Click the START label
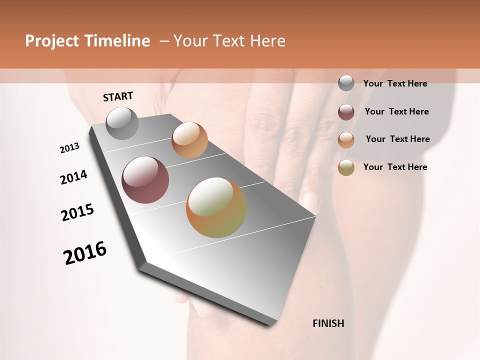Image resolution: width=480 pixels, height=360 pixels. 118,96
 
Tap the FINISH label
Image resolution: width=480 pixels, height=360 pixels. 328,323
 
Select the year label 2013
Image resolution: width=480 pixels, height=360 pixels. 69,148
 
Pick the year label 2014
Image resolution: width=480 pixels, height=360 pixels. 73,177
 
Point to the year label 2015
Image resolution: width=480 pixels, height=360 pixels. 77,212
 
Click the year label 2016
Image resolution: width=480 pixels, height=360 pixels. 85,253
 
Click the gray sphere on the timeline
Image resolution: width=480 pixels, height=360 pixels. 122,123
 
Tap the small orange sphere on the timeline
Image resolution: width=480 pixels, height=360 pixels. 189,140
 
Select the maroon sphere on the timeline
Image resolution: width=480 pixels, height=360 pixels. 145,180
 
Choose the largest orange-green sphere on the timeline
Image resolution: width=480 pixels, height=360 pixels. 216,207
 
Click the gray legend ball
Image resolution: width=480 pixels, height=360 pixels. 346,83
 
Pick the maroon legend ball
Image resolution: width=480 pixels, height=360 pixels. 346,112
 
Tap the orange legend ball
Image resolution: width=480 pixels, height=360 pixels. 346,140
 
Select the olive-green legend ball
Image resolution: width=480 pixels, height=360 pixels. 346,167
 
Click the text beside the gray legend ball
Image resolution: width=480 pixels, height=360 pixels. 395,84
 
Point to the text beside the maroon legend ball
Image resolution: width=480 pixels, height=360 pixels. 396,111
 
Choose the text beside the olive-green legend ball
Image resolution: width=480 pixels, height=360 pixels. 395,167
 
